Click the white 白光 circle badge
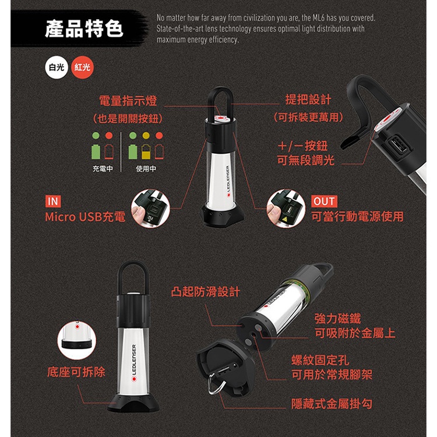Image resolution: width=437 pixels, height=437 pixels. click(x=57, y=68)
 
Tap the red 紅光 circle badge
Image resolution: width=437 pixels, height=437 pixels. click(x=83, y=68)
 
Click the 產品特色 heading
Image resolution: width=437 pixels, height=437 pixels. click(x=84, y=29)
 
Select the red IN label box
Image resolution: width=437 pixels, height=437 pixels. click(x=53, y=201)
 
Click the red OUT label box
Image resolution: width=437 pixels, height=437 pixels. click(x=324, y=201)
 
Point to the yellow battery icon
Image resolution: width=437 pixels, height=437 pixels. click(x=146, y=151)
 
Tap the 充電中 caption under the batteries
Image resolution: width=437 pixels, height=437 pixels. click(x=103, y=168)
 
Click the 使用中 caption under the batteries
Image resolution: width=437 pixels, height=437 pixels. click(x=146, y=168)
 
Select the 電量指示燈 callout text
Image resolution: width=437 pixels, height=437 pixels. click(x=128, y=101)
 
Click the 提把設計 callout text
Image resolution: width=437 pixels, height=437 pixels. click(x=308, y=100)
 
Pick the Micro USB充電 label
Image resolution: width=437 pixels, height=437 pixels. click(x=85, y=217)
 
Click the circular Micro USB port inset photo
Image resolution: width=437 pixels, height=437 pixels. click(x=150, y=209)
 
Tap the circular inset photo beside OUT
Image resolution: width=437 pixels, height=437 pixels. click(x=286, y=209)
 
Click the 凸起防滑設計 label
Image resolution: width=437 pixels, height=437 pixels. click(x=206, y=292)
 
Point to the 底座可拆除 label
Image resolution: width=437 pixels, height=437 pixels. click(x=76, y=372)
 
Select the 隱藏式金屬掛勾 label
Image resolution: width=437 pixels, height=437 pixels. click(x=332, y=404)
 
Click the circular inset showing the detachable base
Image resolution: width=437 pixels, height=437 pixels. click(x=77, y=340)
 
